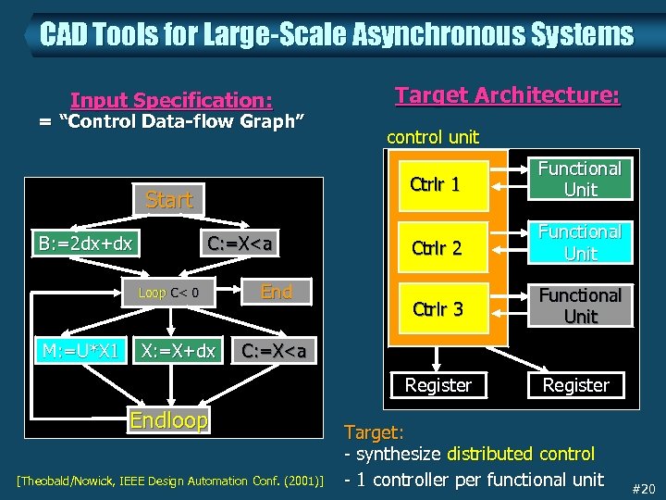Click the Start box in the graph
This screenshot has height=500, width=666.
tap(169, 199)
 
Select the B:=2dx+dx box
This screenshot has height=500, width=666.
tap(85, 244)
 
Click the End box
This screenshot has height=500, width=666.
tap(276, 293)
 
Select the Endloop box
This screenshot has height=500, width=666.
tap(169, 420)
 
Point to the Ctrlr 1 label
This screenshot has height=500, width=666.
tap(435, 183)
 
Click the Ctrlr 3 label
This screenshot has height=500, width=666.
tap(438, 308)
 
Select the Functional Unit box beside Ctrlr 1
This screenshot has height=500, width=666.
tap(580, 179)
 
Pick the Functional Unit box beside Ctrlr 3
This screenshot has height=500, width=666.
tap(580, 306)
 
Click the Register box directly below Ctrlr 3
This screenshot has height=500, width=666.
tap(438, 385)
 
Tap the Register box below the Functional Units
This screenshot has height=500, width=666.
tap(575, 385)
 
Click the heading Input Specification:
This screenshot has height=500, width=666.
tap(171, 100)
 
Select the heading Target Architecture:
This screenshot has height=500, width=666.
tap(507, 95)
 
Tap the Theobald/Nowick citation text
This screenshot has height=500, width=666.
tap(170, 481)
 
